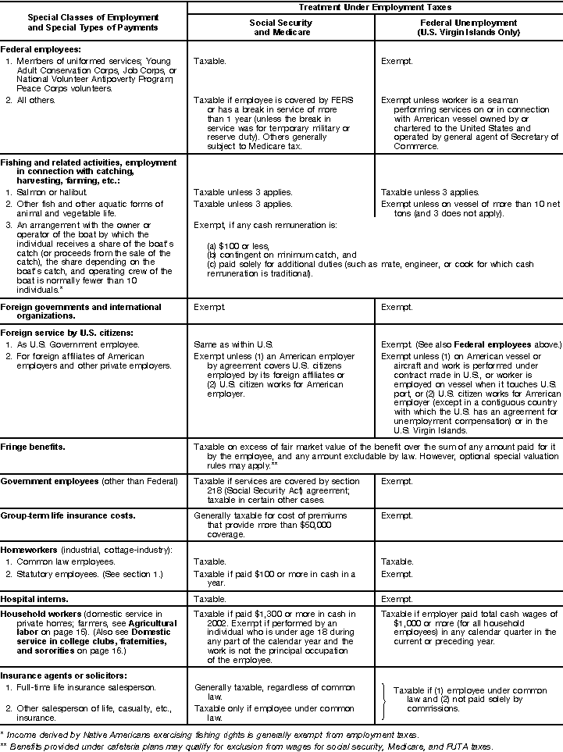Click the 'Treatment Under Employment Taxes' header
click(374, 7)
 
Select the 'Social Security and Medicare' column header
click(280, 28)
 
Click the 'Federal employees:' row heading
click(38, 48)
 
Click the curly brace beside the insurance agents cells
click(384, 701)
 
